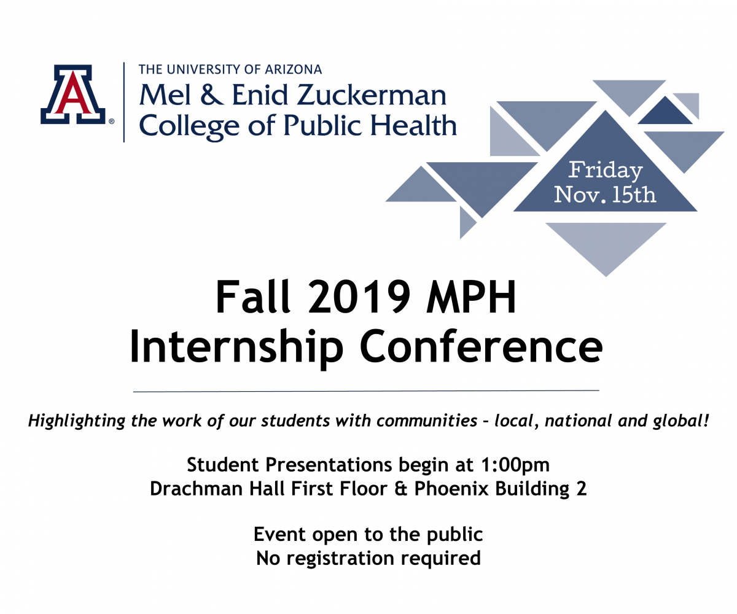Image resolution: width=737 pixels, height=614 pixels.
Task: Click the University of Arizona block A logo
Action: tap(73, 94)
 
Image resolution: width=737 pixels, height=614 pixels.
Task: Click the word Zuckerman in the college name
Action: tap(372, 95)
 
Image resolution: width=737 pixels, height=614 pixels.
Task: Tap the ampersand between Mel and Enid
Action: tap(211, 95)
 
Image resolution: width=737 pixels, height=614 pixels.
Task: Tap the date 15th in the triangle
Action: tap(634, 195)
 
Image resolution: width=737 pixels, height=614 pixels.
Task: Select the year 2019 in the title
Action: tap(359, 297)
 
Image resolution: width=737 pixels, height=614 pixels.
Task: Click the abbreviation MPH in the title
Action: tap(471, 297)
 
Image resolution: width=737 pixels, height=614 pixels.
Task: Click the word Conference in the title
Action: tap(481, 346)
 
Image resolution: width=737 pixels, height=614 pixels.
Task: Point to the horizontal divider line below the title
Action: tap(366, 391)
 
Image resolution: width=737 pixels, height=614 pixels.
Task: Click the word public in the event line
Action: tap(454, 535)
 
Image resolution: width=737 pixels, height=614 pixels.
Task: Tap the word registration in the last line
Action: tap(340, 559)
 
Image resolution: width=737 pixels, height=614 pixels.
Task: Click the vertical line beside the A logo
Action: tap(124, 103)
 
